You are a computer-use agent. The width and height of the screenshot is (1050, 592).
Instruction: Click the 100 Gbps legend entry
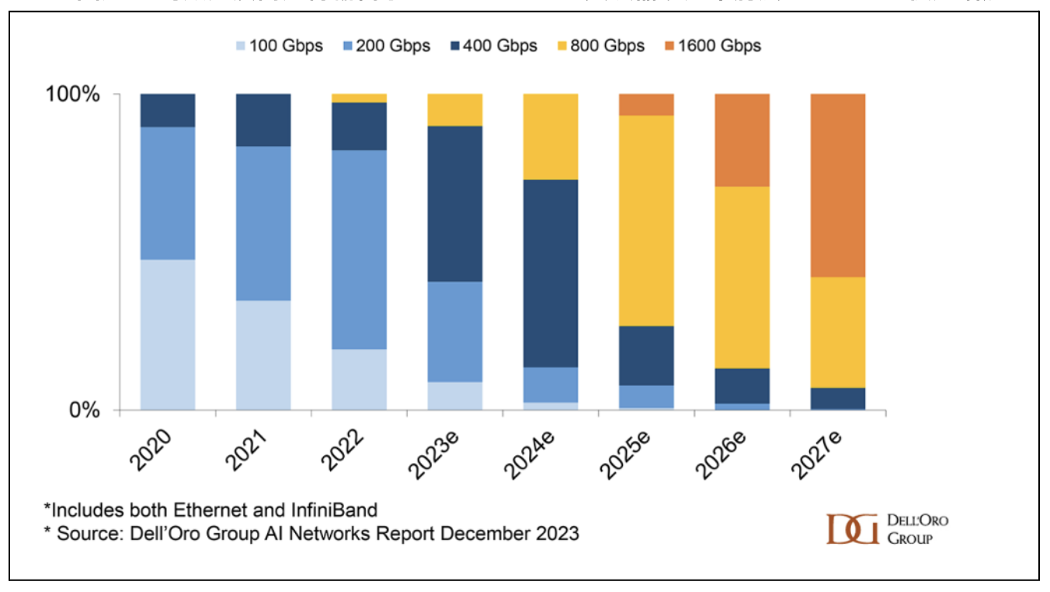[277, 46]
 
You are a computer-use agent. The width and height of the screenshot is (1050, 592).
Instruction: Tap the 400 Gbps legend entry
[492, 46]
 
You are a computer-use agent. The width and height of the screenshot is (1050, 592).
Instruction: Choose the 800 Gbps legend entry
[599, 46]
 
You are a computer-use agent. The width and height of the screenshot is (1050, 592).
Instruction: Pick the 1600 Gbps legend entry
[710, 46]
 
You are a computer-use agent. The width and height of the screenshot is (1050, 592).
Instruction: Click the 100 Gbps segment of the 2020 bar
[168, 334]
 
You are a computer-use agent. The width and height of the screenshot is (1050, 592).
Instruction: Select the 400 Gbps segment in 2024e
[550, 273]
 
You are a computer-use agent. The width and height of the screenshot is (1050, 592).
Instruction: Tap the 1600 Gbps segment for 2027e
[837, 185]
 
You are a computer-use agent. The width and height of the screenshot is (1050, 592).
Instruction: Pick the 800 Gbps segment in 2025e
[646, 221]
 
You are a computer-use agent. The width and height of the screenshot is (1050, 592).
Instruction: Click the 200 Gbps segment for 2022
[359, 249]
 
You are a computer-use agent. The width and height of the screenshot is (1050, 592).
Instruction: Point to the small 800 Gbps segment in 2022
[359, 98]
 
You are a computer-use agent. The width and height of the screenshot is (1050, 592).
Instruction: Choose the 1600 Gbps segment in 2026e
[742, 140]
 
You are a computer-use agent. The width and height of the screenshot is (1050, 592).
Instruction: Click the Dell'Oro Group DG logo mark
[852, 529]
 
